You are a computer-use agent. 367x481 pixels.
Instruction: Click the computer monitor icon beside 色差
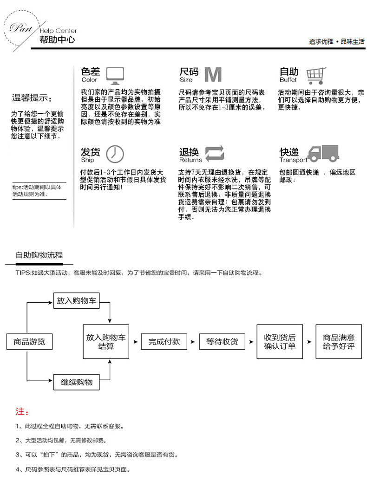tap(115, 75)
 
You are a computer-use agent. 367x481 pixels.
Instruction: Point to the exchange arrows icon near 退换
tap(215, 153)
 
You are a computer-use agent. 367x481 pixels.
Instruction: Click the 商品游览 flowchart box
tap(29, 342)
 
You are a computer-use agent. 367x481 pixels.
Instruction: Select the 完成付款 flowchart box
tap(164, 342)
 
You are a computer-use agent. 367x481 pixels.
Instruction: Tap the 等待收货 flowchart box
tap(222, 342)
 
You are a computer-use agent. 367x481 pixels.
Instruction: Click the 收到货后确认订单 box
tap(280, 342)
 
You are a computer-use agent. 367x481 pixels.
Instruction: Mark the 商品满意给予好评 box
tap(338, 342)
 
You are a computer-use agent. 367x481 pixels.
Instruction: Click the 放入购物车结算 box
tap(106, 342)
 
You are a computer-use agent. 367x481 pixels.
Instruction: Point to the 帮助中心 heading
tap(58, 40)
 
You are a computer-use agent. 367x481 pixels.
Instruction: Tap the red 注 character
tap(20, 412)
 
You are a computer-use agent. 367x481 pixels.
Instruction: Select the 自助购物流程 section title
tap(39, 255)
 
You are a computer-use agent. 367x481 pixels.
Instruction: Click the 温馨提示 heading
tap(32, 98)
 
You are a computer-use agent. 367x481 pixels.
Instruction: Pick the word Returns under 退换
tap(190, 160)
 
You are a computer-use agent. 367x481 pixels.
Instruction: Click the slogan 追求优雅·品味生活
tap(336, 42)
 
